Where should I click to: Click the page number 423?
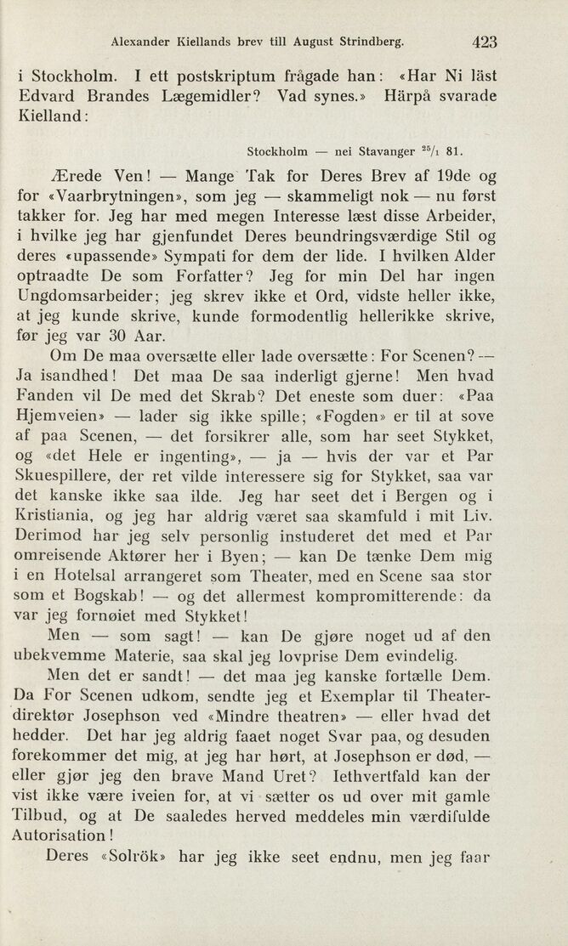click(481, 40)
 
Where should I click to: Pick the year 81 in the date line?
click(454, 153)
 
